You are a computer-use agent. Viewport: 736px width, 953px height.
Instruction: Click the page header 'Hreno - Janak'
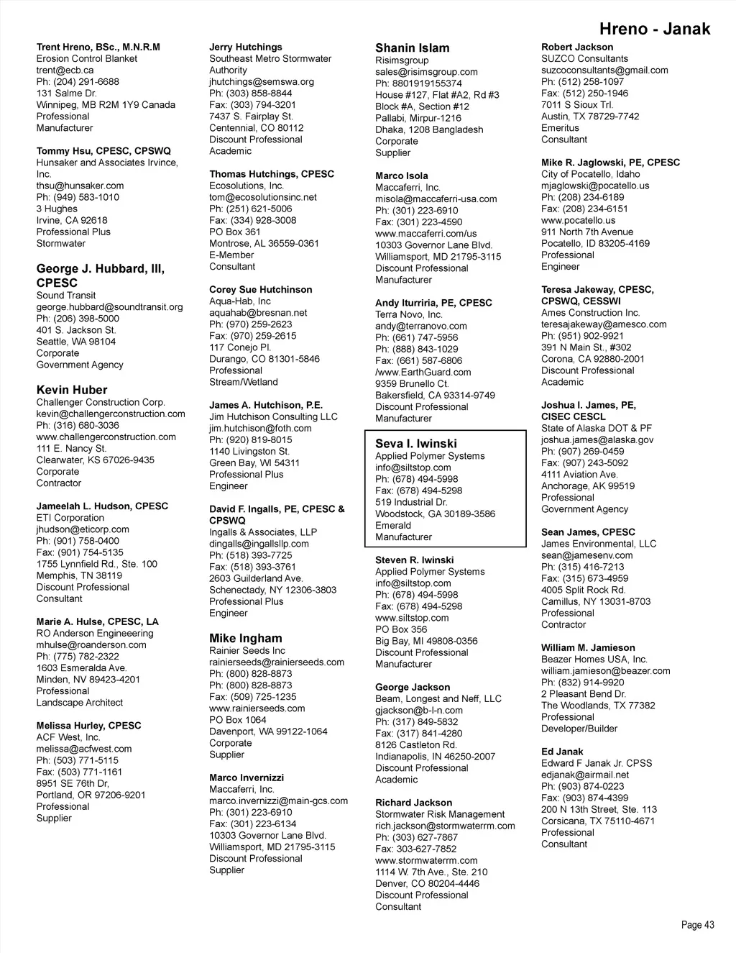click(654, 29)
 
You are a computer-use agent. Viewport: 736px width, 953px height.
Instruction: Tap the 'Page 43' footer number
click(697, 925)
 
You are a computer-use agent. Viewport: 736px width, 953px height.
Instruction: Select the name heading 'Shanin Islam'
click(412, 48)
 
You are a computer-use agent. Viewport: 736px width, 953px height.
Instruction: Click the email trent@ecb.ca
click(65, 70)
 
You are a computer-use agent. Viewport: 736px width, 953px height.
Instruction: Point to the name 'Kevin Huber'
click(72, 390)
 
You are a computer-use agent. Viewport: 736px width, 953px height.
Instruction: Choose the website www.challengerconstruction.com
click(106, 437)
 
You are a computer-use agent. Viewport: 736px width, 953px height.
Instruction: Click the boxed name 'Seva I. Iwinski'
click(415, 444)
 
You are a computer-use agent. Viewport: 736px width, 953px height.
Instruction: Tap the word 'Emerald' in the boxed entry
click(392, 526)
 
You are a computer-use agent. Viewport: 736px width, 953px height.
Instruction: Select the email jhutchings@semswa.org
click(261, 82)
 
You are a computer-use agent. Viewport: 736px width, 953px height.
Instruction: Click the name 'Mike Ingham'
click(245, 638)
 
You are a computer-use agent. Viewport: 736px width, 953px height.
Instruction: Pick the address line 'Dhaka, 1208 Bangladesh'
click(429, 130)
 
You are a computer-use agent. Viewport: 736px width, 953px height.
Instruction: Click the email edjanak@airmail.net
click(584, 775)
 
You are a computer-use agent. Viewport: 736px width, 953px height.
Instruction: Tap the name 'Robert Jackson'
click(577, 47)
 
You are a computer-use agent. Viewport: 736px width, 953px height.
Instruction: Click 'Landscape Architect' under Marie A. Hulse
click(79, 703)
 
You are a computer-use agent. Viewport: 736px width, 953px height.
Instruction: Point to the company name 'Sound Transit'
click(65, 296)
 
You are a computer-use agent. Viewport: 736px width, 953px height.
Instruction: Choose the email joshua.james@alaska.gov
click(597, 440)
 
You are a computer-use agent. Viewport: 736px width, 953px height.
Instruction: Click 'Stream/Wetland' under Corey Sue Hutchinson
click(243, 383)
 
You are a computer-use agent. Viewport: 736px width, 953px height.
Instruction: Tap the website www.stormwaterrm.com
click(425, 861)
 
